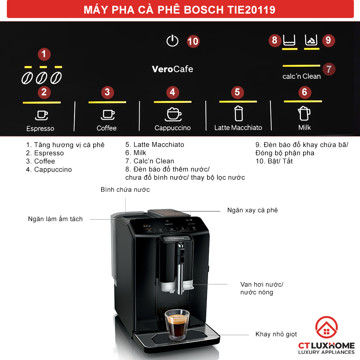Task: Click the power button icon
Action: click(172, 41)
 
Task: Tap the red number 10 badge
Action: click(193, 41)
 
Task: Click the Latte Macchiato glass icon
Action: click(239, 113)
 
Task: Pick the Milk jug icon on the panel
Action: click(304, 113)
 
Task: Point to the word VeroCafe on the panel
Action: click(172, 69)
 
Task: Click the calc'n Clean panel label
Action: click(301, 76)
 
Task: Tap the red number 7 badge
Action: click(329, 69)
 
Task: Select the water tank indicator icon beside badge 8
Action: click(289, 40)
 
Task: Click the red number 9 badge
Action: click(328, 40)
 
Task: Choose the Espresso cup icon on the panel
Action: click(41, 115)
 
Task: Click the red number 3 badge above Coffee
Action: click(107, 92)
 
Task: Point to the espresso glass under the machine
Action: click(177, 325)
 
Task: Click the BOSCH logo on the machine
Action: click(177, 239)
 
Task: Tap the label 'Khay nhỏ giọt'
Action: click(276, 334)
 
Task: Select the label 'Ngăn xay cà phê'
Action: click(252, 210)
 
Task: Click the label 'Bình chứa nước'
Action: click(125, 190)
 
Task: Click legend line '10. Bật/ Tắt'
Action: click(274, 161)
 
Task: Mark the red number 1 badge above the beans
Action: click(44, 54)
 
